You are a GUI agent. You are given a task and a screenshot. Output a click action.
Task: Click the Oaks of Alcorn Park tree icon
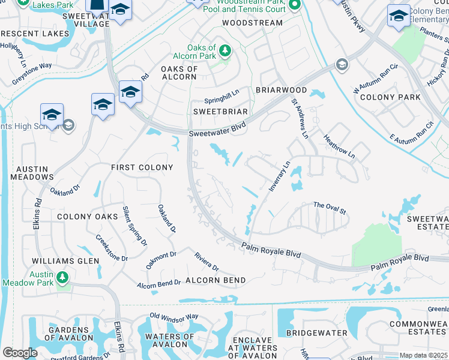(225, 51)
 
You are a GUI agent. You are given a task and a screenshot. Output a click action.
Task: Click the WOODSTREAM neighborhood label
(252, 23)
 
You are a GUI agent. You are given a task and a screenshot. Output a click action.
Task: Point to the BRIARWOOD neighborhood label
(282, 90)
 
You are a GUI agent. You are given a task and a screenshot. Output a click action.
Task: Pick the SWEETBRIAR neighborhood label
(221, 112)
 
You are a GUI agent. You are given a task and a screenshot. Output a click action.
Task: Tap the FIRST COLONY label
(142, 167)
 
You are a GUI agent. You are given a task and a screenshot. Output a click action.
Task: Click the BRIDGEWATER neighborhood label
(317, 332)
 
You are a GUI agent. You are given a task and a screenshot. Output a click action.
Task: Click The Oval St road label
(330, 208)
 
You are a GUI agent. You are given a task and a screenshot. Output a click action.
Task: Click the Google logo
(20, 353)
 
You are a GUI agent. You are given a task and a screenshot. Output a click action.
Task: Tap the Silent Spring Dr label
(135, 225)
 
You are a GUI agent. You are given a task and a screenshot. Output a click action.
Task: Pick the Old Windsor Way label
(174, 316)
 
